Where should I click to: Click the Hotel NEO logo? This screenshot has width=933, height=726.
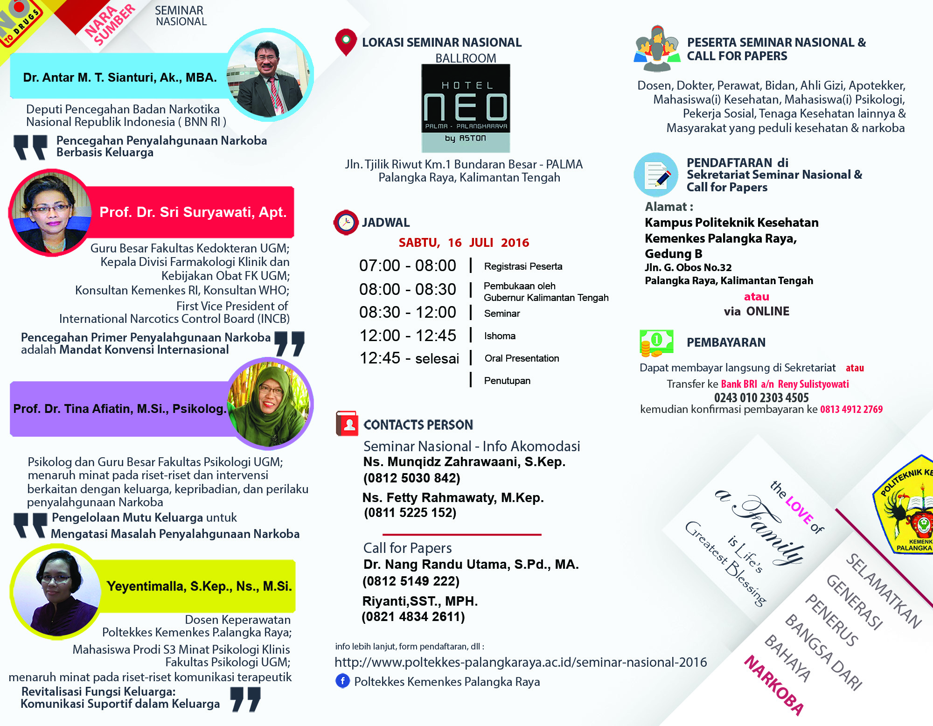[x=466, y=108]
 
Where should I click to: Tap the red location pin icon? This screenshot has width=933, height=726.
[x=346, y=42]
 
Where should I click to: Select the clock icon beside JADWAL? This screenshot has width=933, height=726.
[x=346, y=223]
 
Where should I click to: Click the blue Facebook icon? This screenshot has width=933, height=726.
[x=342, y=681]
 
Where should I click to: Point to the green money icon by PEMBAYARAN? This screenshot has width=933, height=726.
[x=656, y=342]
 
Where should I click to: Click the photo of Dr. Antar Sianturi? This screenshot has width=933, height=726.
[x=270, y=75]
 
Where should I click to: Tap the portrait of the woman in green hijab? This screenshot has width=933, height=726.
[x=269, y=404]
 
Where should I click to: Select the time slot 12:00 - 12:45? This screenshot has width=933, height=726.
[x=408, y=335]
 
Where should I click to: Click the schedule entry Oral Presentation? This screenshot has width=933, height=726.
[x=522, y=358]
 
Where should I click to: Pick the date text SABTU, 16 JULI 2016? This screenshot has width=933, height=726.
[x=464, y=243]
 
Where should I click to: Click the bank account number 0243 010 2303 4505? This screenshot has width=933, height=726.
[x=761, y=398]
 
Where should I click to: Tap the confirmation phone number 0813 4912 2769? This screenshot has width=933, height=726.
[x=851, y=409]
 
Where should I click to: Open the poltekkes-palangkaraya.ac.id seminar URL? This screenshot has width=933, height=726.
[x=521, y=662]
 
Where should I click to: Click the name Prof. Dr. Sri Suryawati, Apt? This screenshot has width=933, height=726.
[x=193, y=212]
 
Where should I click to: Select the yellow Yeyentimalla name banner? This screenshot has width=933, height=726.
[x=199, y=586]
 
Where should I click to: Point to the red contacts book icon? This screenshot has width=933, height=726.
[x=347, y=423]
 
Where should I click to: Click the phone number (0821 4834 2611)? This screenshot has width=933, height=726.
[x=413, y=617]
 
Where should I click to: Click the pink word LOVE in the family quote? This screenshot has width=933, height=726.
[x=800, y=510]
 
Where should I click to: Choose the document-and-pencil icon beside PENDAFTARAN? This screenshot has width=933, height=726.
[x=656, y=175]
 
